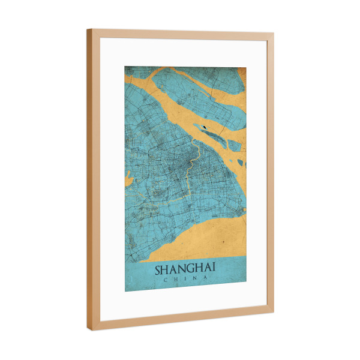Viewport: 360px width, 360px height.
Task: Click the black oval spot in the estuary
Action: point(205,127)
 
